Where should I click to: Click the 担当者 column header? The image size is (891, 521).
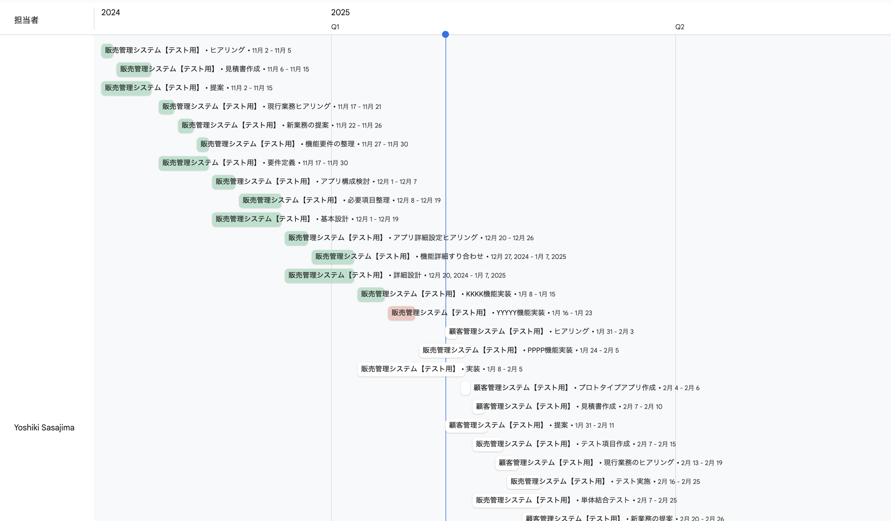click(26, 20)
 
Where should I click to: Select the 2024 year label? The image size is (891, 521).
click(111, 12)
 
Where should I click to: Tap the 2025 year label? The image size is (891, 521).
click(340, 12)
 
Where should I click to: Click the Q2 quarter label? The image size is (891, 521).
click(680, 27)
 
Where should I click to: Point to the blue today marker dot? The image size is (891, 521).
click(445, 34)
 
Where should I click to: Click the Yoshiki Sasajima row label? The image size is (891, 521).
click(44, 428)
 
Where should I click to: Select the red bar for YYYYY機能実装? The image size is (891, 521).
click(401, 313)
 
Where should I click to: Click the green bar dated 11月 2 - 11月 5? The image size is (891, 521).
click(107, 50)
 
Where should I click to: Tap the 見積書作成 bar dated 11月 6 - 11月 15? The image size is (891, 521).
click(134, 69)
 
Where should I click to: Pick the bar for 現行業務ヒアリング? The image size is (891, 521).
click(166, 107)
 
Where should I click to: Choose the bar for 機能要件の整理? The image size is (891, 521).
click(203, 144)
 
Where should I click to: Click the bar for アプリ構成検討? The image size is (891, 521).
click(224, 182)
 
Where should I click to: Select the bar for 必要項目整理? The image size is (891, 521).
click(260, 200)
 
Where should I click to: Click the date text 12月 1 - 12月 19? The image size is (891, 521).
click(377, 219)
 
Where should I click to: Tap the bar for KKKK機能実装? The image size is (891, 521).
click(371, 294)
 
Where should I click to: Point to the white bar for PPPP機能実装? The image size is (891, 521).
click(442, 350)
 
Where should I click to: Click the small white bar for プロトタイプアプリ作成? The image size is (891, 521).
click(465, 388)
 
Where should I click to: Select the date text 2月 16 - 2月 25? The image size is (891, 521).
click(678, 482)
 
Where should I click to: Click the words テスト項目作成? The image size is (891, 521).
click(605, 444)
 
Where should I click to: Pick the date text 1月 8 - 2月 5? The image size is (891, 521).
click(504, 369)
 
